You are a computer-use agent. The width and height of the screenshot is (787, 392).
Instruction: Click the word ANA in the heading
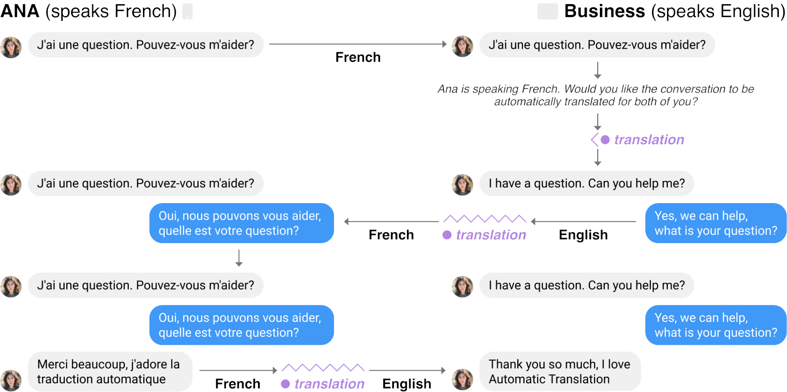[20, 12]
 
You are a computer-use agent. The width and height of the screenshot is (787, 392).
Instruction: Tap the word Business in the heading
[604, 12]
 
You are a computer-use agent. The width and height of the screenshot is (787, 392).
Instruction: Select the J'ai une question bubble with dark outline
[146, 45]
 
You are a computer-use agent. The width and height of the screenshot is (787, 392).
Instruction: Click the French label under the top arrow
[358, 57]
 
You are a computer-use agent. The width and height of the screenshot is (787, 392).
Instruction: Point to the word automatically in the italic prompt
[528, 102]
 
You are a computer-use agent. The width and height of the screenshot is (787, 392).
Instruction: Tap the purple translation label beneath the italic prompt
[649, 140]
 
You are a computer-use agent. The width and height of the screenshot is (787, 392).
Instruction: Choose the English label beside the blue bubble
[583, 235]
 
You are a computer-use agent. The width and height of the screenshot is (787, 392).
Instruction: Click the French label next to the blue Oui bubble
[391, 235]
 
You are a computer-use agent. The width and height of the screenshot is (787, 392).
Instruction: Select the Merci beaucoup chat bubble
[109, 371]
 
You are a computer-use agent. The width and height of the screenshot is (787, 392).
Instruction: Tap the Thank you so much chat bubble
[560, 371]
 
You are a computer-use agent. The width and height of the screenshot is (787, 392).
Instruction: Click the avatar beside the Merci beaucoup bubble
[11, 380]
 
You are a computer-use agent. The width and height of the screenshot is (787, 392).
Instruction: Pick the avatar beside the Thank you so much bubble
[463, 379]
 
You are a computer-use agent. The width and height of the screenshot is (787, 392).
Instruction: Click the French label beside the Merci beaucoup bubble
[237, 384]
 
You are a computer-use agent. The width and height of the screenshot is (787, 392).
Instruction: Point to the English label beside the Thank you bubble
[407, 384]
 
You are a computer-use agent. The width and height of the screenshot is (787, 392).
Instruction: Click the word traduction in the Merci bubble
[64, 379]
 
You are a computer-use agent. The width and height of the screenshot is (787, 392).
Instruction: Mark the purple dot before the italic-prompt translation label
[605, 140]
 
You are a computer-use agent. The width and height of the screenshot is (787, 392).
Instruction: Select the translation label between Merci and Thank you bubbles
[329, 384]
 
